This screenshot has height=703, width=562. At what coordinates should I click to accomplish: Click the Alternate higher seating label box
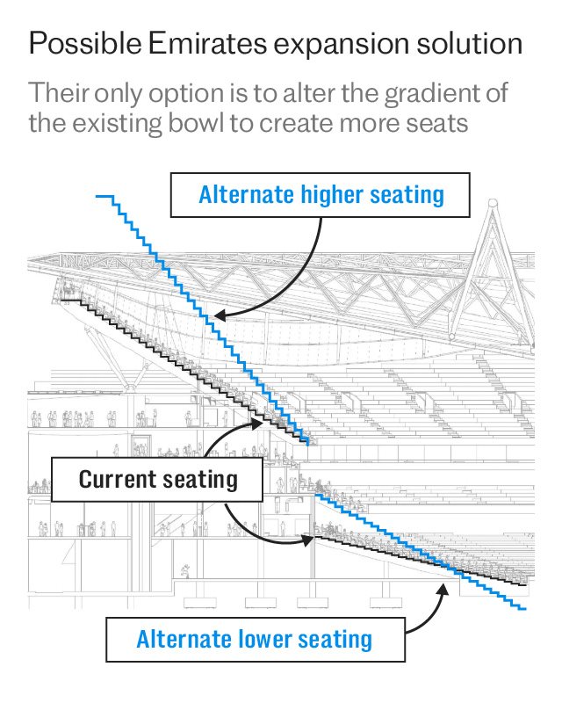click(321, 194)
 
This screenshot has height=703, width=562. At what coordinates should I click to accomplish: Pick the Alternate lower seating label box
click(255, 639)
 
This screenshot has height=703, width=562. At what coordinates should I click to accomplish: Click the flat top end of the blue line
click(105, 196)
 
